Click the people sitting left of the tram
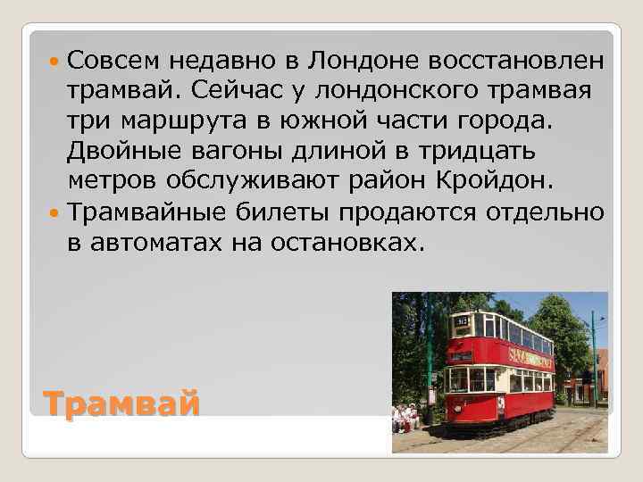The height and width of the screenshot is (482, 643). (407, 416)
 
